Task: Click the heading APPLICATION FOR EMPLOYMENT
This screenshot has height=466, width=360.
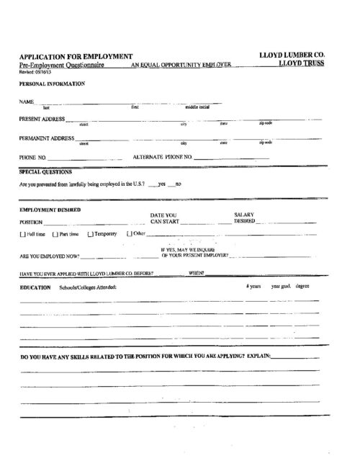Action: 76,56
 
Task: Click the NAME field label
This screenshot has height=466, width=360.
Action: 27,102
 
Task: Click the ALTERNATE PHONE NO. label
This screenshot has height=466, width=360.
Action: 163,156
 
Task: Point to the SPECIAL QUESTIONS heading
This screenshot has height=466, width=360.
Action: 45,173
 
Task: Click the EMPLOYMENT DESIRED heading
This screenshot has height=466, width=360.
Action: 50,210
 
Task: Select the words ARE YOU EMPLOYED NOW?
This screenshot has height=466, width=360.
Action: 50,255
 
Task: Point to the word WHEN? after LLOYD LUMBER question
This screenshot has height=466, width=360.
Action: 197,274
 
